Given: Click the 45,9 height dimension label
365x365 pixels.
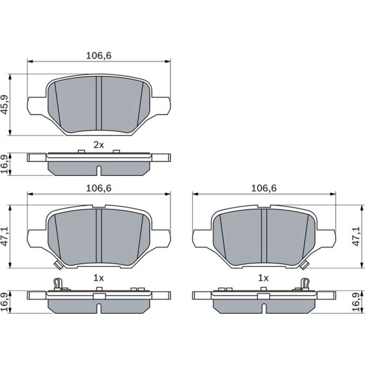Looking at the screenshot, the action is [5, 104].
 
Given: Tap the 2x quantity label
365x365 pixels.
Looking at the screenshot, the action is [99, 145].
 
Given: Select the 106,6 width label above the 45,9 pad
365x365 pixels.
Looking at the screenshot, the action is [99, 55].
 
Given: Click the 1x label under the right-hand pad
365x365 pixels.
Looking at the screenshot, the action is [263, 278].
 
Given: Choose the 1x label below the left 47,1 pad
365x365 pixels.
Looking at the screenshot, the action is [99, 278].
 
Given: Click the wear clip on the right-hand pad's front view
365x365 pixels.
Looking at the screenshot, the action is [304, 265].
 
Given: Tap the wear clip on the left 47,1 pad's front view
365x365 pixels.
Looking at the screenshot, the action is [58, 265].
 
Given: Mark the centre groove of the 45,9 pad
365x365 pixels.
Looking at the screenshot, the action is [99, 103].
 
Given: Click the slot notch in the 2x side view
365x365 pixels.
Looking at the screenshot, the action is [99, 170].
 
